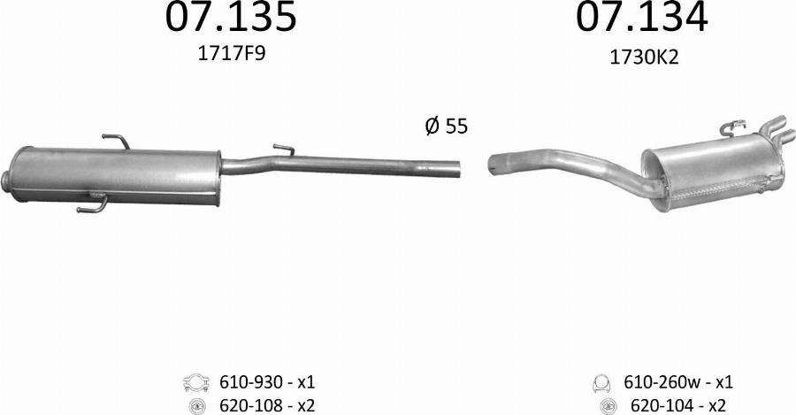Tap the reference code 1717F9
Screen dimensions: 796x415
(231, 53)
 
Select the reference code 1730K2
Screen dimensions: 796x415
(644, 58)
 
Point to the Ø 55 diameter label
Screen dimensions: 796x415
(447, 126)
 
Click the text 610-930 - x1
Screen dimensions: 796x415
(267, 381)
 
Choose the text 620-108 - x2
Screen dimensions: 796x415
(267, 405)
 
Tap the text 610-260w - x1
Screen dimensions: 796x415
(678, 382)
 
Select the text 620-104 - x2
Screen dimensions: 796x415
(678, 406)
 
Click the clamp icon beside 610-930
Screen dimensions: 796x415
(196, 382)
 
